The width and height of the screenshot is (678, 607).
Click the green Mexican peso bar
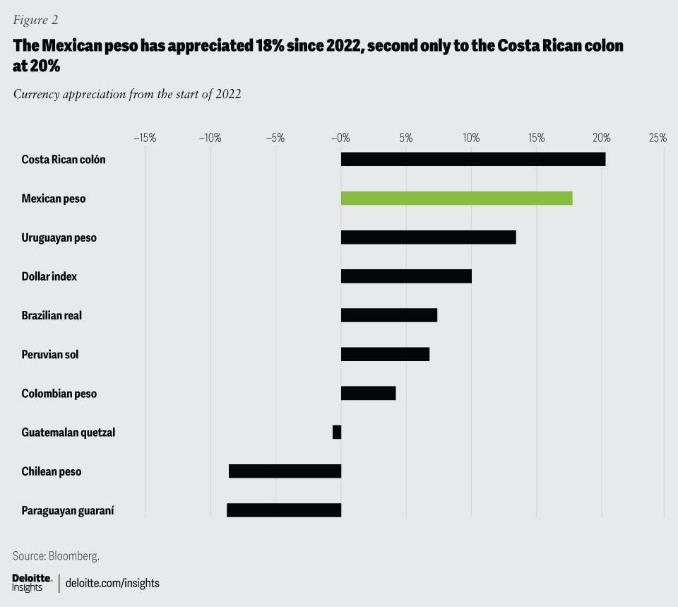pyautogui.click(x=456, y=199)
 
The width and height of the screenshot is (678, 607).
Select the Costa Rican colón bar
pyautogui.click(x=472, y=159)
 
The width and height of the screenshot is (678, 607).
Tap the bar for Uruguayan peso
pyautogui.click(x=428, y=237)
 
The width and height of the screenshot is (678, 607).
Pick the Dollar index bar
pyautogui.click(x=406, y=276)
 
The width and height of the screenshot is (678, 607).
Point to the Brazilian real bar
pyautogui.click(x=389, y=315)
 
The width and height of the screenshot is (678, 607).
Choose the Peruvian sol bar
pyautogui.click(x=385, y=354)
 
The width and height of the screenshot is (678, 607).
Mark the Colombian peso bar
pyautogui.click(x=368, y=393)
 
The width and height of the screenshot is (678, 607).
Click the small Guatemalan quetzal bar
pyautogui.click(x=337, y=432)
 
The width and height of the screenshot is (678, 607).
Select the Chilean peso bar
pyautogui.click(x=285, y=471)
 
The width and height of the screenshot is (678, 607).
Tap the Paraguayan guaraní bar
pyautogui.click(x=284, y=509)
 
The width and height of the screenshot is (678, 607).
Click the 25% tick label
pyautogui.click(x=658, y=138)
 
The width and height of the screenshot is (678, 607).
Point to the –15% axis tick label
pyautogui.click(x=145, y=138)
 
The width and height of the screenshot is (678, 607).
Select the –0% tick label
pyautogui.click(x=340, y=138)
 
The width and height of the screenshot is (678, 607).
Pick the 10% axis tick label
pyautogui.click(x=471, y=138)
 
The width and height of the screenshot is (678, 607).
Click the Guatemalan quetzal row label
pyautogui.click(x=69, y=432)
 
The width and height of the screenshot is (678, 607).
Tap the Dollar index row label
pyautogui.click(x=49, y=276)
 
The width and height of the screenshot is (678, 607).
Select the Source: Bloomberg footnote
pyautogui.click(x=56, y=555)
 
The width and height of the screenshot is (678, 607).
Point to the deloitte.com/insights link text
pyautogui.click(x=112, y=583)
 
